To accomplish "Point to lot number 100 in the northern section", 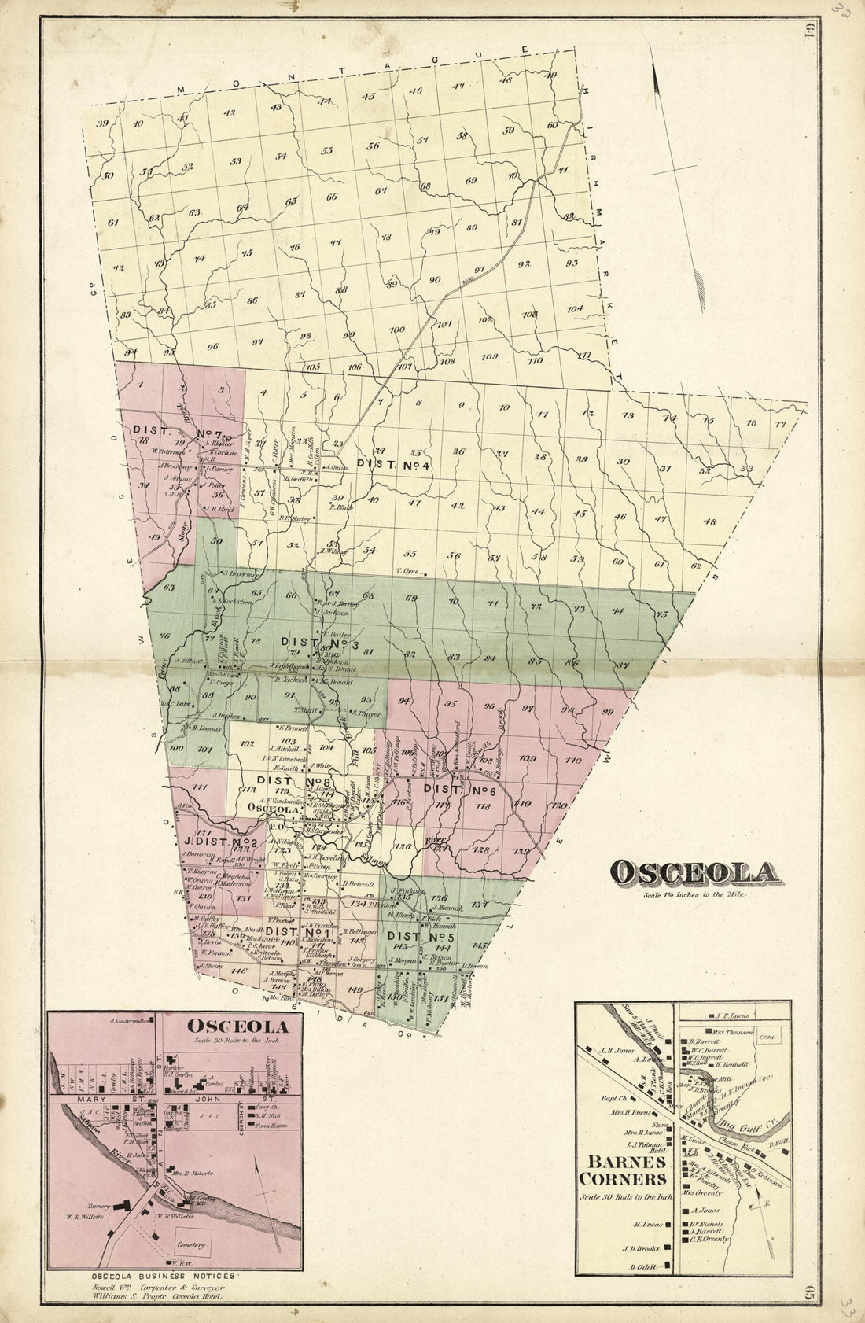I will pyautogui.click(x=397, y=330).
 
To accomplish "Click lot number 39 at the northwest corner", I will pyautogui.click(x=102, y=123).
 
